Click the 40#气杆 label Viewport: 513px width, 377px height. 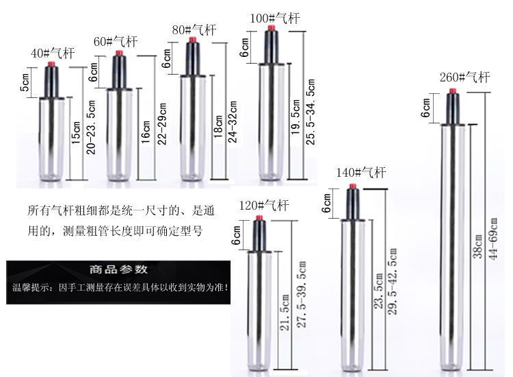[x=51, y=53]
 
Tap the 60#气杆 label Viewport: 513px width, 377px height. [x=116, y=42]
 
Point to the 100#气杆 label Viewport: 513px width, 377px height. [x=276, y=19]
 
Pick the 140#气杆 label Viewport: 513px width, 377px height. [x=361, y=172]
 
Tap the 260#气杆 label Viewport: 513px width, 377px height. [x=464, y=77]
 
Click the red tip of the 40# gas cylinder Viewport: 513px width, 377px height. [x=52, y=65]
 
